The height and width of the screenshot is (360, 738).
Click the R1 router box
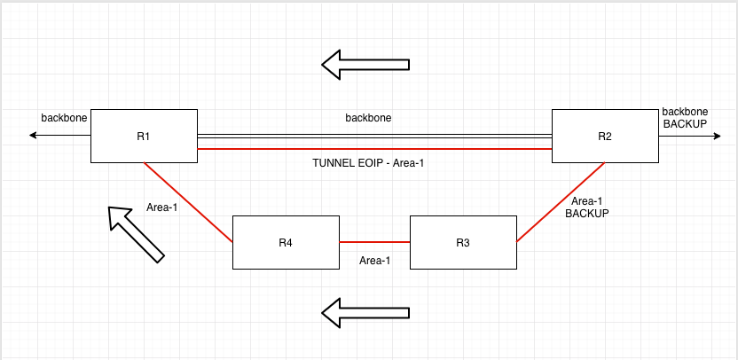pos(144,136)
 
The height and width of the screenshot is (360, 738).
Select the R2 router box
pos(605,136)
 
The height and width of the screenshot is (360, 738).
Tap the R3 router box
pos(462,242)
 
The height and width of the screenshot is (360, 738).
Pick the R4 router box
pos(286,242)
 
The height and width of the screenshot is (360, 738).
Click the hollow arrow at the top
pos(365,64)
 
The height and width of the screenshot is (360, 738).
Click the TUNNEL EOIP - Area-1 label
pos(368,163)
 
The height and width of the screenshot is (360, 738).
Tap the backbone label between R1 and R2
pos(368,117)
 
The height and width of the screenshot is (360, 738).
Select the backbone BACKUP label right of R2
pos(685,118)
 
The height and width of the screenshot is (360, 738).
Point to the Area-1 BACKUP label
pos(587,207)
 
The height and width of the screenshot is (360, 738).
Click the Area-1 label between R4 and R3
pos(374,261)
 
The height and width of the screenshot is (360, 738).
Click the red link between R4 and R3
pos(374,242)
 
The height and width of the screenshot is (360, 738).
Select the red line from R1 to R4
pos(188,202)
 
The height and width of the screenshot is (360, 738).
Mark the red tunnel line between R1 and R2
pos(374,150)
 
